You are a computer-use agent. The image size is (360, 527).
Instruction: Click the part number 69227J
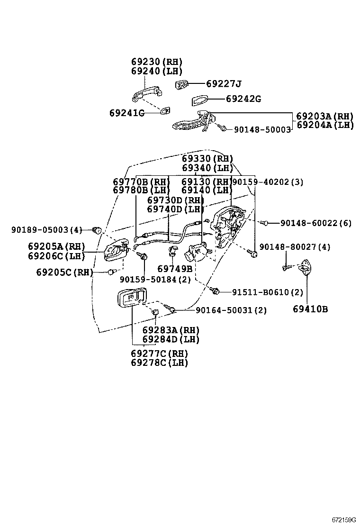[x=224, y=84]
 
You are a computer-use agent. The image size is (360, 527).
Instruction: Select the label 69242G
[x=243, y=99]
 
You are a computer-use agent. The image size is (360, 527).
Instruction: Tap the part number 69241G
[x=126, y=113]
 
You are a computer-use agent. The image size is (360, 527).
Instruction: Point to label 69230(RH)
[x=156, y=62]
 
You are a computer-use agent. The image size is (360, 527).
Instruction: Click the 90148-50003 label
[x=262, y=129]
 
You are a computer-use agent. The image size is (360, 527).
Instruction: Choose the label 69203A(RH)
[x=324, y=116]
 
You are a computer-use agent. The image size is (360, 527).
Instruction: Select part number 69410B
[x=310, y=309]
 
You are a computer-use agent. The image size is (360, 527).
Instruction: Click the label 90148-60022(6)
[x=315, y=223]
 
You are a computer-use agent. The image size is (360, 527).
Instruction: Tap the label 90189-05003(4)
[x=46, y=230]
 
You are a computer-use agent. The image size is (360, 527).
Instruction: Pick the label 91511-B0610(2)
[x=267, y=292]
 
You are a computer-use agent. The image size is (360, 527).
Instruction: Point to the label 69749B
[x=175, y=269]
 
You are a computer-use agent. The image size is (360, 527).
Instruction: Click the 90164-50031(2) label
[x=231, y=310]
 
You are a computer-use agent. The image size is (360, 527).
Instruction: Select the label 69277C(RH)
[x=159, y=354]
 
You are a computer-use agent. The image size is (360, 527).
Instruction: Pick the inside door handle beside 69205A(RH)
[x=116, y=250]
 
